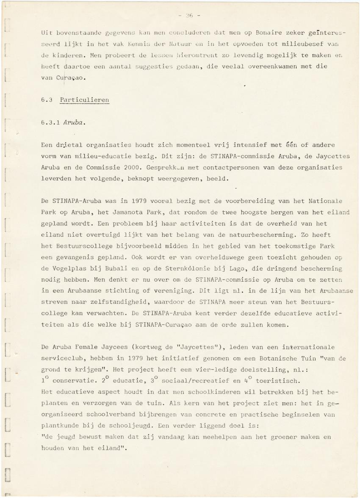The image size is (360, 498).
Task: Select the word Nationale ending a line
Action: (x=327, y=201)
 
